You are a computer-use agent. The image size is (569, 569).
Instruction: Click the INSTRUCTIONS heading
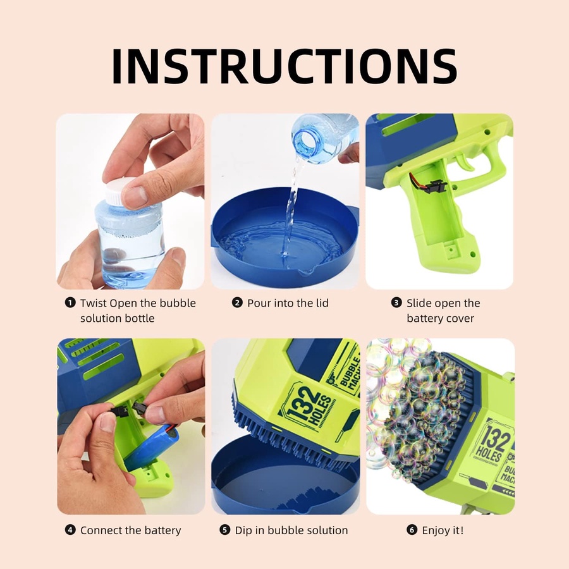[x=284, y=66]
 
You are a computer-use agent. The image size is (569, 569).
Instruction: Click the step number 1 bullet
[x=70, y=302]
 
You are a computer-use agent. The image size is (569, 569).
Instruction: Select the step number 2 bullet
[x=237, y=302]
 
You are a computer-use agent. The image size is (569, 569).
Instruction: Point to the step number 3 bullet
[x=396, y=302]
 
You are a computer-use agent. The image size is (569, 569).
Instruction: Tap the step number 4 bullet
[x=70, y=530]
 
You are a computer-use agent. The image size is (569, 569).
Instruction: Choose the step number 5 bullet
[x=224, y=530]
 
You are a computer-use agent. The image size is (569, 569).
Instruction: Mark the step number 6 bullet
[x=412, y=530]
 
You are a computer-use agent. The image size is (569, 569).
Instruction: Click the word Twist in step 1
[x=94, y=303]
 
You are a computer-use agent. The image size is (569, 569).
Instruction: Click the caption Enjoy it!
[x=443, y=530]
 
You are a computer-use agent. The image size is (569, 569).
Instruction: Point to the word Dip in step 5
[x=243, y=530]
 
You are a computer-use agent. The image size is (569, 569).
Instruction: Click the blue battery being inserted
[x=151, y=447]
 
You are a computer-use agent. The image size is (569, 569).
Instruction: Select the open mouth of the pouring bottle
[x=305, y=142]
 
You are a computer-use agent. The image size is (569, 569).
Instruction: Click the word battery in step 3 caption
[x=425, y=319]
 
